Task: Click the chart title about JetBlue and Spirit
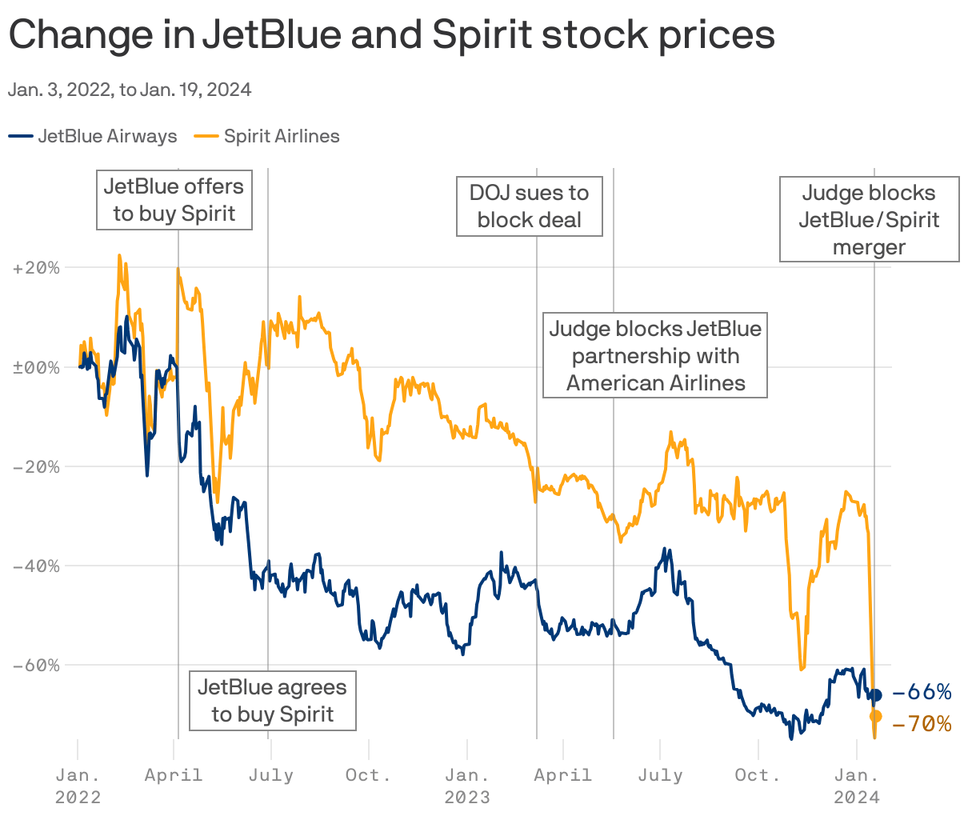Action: pos(391,35)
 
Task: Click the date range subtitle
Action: pos(130,90)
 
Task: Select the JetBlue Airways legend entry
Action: pos(94,136)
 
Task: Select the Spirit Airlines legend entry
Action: pos(267,136)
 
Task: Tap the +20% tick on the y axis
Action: pos(36,268)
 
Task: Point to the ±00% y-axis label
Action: pos(36,367)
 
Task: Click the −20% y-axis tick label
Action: pos(36,466)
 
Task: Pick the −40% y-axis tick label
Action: pos(36,566)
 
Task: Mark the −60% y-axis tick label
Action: pos(36,665)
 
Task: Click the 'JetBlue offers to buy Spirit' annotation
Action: pos(174,200)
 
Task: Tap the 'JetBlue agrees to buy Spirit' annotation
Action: pos(272,701)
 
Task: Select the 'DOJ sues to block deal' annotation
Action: pos(529,206)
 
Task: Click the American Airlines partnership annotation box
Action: pos(655,356)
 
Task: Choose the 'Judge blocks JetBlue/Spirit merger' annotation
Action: pos(869,220)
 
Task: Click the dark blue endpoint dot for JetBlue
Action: pos(875,695)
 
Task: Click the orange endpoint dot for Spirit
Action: pos(875,716)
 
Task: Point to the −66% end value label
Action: pos(922,692)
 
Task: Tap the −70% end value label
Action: pos(922,724)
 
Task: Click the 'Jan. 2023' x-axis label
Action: pos(467,786)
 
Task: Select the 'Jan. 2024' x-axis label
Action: pos(857,786)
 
